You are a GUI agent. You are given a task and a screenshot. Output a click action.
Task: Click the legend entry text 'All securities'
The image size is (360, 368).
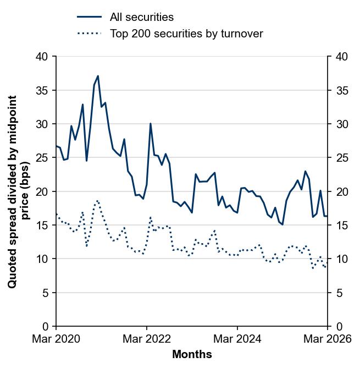[x=141, y=17]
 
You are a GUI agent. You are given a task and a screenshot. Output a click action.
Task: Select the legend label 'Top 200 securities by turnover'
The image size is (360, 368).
[x=186, y=34]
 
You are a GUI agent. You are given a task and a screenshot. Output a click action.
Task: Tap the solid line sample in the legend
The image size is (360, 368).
[x=89, y=17]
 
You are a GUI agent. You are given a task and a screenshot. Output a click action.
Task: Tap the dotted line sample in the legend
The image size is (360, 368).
[x=89, y=34]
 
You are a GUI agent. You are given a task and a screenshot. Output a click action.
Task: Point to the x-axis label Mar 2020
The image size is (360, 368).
[x=56, y=339]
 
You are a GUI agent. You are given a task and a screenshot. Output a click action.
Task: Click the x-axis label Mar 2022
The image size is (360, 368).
[x=147, y=339]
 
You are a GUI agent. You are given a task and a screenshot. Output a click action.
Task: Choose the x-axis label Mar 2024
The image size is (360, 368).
[x=237, y=339]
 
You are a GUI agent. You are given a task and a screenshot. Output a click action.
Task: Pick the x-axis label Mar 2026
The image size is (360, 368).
[x=328, y=339]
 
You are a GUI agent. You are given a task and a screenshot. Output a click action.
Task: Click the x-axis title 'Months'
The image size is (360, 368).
[x=192, y=355]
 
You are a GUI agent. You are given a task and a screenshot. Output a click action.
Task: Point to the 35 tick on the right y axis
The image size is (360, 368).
[x=339, y=90]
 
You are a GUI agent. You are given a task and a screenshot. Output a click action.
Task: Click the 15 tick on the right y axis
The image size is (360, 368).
[x=339, y=225]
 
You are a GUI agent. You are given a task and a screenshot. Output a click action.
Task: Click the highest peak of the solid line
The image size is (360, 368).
[x=98, y=76]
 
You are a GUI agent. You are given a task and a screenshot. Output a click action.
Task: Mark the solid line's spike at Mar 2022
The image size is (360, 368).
[x=151, y=124]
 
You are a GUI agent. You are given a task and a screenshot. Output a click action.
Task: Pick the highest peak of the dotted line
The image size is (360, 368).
[x=97, y=201]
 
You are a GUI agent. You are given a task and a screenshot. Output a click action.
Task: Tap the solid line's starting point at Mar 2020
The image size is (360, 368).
[x=56, y=146]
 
